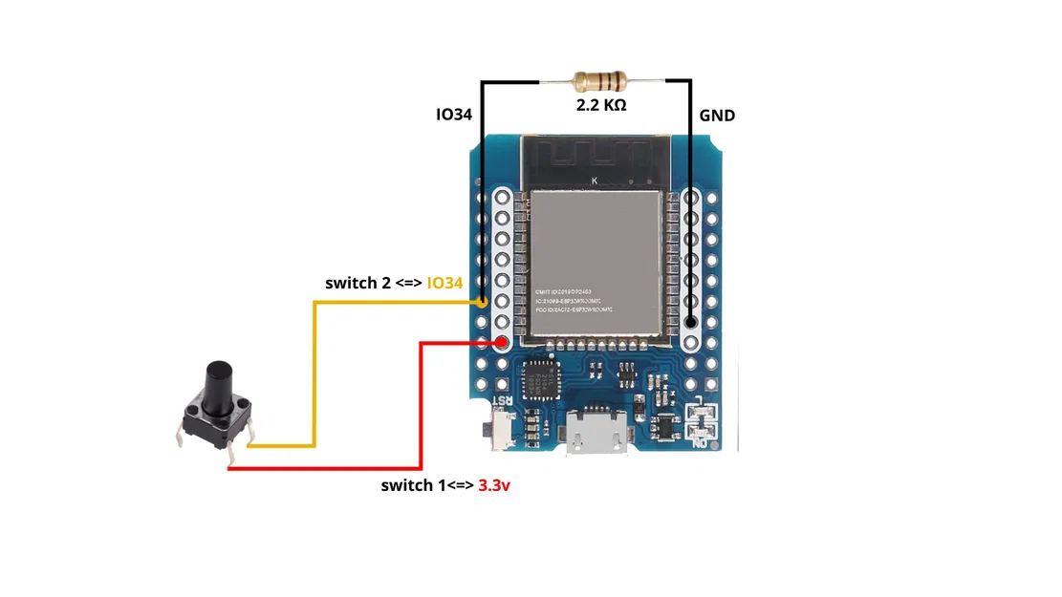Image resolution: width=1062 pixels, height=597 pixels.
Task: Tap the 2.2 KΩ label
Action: (600, 105)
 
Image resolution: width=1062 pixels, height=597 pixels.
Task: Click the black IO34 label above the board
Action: (456, 116)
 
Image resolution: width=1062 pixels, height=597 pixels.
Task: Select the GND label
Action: (717, 116)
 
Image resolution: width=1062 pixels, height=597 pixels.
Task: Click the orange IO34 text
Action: (444, 283)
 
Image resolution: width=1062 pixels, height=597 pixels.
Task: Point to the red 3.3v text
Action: (494, 485)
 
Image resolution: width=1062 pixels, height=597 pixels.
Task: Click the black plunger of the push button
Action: (218, 386)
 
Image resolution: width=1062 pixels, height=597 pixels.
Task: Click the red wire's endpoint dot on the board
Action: (501, 343)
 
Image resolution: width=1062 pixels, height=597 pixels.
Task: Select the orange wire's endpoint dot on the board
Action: (483, 302)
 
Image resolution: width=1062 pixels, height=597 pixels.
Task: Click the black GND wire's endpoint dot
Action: (690, 323)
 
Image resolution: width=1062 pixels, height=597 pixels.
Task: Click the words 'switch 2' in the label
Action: (358, 283)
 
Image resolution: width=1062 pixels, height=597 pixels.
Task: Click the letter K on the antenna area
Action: (595, 181)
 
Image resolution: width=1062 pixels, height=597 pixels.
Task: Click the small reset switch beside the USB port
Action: (497, 428)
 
